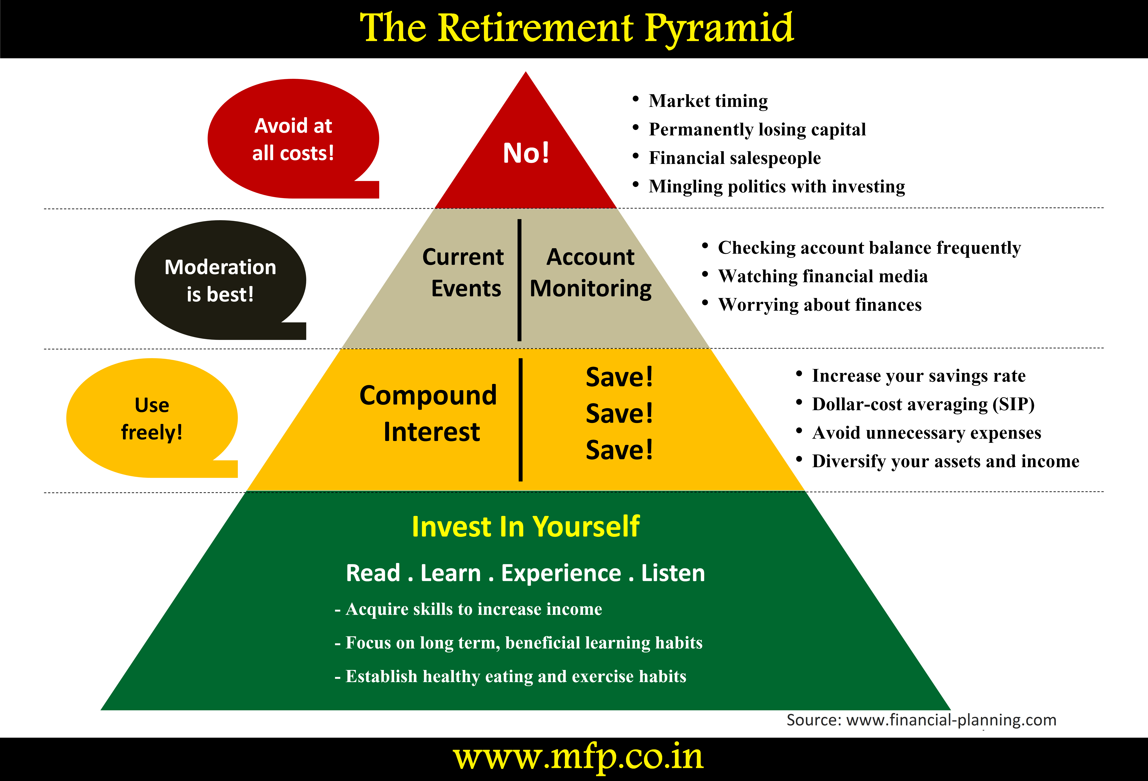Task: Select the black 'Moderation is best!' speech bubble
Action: pos(220,280)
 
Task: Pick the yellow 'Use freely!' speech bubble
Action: pos(152,418)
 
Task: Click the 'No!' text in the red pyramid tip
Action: pos(526,153)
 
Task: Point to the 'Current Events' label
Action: pos(464,273)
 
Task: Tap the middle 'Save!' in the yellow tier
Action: pos(619,413)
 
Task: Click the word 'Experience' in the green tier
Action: pos(561,573)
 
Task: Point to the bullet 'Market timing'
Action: pos(708,101)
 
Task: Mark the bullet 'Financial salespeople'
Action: pos(735,158)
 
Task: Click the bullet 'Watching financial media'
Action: pos(823,276)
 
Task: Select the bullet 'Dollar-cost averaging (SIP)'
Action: pos(923,404)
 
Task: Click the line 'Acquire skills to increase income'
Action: pos(473,609)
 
